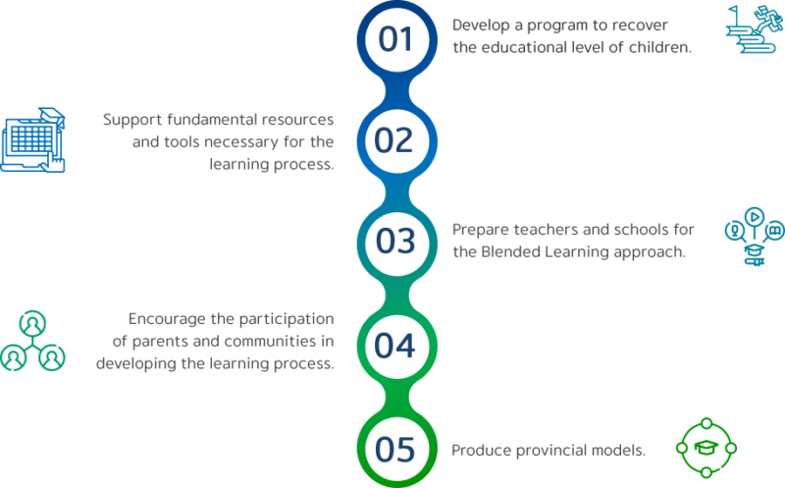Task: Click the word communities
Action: [273, 341]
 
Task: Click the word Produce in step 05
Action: [480, 450]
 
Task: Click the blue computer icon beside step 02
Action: [34, 140]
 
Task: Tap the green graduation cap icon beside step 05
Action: [705, 448]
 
